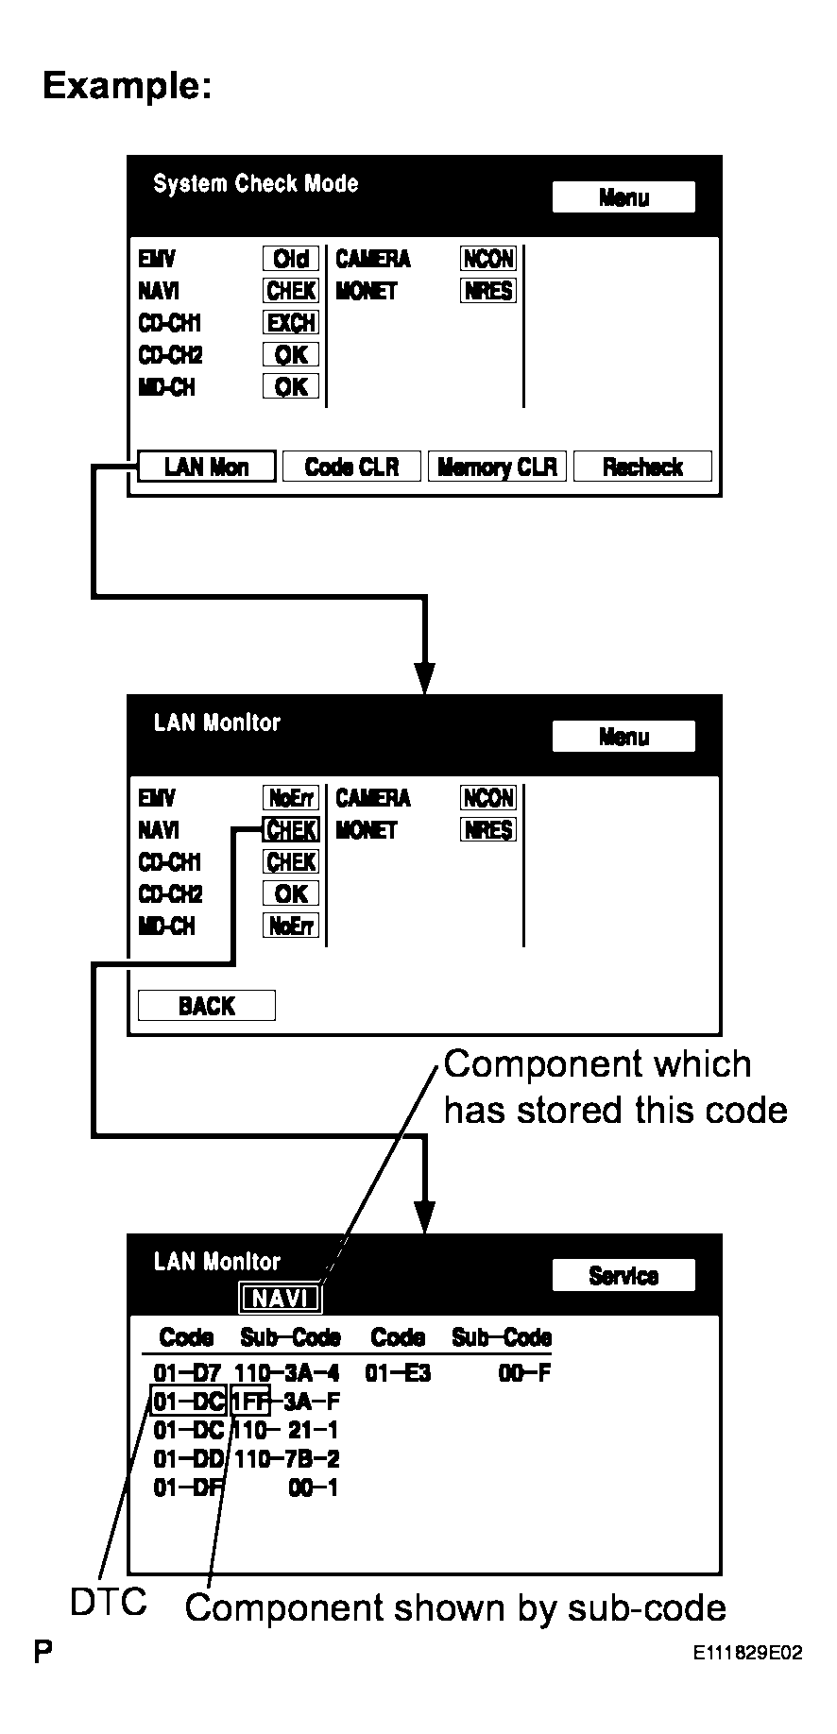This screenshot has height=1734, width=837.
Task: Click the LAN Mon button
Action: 207,467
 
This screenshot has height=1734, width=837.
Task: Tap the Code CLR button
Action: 352,467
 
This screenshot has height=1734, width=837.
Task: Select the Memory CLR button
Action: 497,467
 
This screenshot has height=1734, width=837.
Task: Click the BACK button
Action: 207,1006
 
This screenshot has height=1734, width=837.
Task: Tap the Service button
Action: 623,1276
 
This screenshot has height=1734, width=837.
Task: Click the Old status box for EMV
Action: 291,259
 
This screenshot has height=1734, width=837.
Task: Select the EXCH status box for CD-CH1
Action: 291,323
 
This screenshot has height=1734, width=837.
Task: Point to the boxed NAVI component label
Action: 281,1299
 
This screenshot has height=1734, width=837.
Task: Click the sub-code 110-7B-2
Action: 287,1459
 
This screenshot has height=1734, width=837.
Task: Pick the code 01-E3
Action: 398,1373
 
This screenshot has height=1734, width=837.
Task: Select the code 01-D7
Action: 187,1373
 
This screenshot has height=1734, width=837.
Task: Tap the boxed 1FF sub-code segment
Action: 250,1402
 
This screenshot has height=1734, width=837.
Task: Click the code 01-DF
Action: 187,1488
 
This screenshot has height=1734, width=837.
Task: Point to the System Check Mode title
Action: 256,184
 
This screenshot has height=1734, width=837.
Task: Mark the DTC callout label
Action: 109,1602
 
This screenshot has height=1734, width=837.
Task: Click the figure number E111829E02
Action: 747,1654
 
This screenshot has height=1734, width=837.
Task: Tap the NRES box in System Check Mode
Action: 488,291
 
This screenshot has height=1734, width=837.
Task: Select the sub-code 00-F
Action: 524,1373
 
